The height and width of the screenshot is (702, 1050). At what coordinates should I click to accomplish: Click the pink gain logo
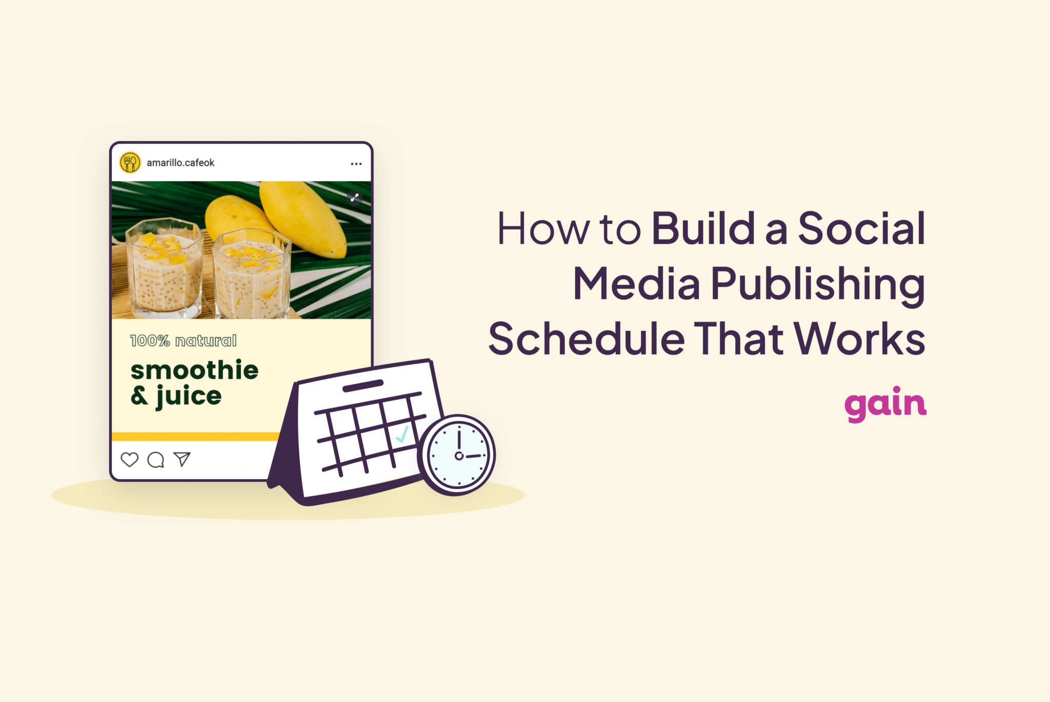point(885,403)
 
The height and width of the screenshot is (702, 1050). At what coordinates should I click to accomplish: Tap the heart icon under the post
point(130,460)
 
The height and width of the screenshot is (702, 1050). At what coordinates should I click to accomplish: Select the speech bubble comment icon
point(156,460)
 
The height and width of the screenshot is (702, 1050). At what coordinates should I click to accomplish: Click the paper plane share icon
point(182,459)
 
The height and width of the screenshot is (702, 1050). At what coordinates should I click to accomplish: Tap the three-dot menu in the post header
point(356,164)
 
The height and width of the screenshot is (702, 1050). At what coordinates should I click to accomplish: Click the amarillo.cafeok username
point(180,163)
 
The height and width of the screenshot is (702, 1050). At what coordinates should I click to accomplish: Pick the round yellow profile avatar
point(130,163)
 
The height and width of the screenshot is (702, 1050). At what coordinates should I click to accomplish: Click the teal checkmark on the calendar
point(402,435)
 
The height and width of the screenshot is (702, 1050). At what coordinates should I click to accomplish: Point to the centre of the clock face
point(459,456)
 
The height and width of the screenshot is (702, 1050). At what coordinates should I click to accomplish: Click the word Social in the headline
point(861,229)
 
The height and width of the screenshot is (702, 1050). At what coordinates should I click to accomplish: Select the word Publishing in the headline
point(818,285)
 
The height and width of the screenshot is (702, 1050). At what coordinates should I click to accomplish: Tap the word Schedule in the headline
point(586,339)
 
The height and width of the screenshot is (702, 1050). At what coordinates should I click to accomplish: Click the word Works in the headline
point(859,339)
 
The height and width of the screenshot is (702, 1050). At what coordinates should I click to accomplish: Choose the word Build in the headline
point(703,229)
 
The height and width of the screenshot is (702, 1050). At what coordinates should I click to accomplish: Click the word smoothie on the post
point(194,370)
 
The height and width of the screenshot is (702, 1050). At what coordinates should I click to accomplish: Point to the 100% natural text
point(184,341)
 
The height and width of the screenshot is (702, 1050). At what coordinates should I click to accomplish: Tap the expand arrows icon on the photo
point(354,197)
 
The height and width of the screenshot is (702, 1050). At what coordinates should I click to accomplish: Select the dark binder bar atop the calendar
point(363,386)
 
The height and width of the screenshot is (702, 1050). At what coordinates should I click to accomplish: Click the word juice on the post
point(188,396)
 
